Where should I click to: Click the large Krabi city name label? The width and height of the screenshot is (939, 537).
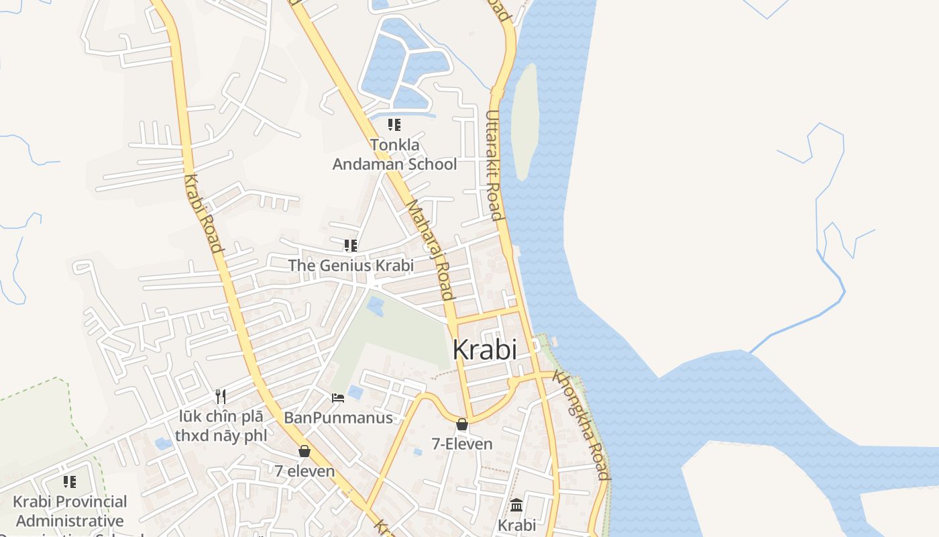[x=484, y=350]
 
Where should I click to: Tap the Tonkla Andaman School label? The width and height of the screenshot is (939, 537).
[x=394, y=154]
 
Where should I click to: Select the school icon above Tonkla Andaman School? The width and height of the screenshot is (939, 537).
[x=394, y=125]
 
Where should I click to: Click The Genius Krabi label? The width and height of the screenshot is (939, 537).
[x=351, y=265]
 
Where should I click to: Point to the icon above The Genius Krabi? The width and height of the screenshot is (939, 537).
[x=351, y=246]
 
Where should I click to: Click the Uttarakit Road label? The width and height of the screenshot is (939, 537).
[x=494, y=165]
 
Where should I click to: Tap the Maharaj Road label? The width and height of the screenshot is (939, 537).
[x=431, y=249]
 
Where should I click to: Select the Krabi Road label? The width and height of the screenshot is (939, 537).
[x=203, y=213]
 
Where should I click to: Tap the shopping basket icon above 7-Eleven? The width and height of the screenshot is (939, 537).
[x=461, y=424]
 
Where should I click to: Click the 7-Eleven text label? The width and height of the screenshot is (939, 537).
[x=461, y=444]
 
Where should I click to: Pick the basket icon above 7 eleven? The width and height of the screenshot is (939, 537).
[x=305, y=451]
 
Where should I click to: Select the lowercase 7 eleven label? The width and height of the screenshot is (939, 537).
[x=305, y=471]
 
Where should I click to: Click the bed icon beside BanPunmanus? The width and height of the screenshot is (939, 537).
[x=338, y=398]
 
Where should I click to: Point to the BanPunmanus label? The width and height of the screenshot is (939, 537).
[x=338, y=418]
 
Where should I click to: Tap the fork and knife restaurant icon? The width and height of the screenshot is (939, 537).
[x=220, y=397]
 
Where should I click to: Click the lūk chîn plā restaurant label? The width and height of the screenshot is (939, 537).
[x=221, y=426]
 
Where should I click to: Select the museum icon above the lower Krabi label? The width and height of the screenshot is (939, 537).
[x=516, y=505]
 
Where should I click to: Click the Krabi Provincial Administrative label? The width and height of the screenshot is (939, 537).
[x=70, y=511]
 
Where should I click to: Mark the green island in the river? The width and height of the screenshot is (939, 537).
[x=524, y=121]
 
